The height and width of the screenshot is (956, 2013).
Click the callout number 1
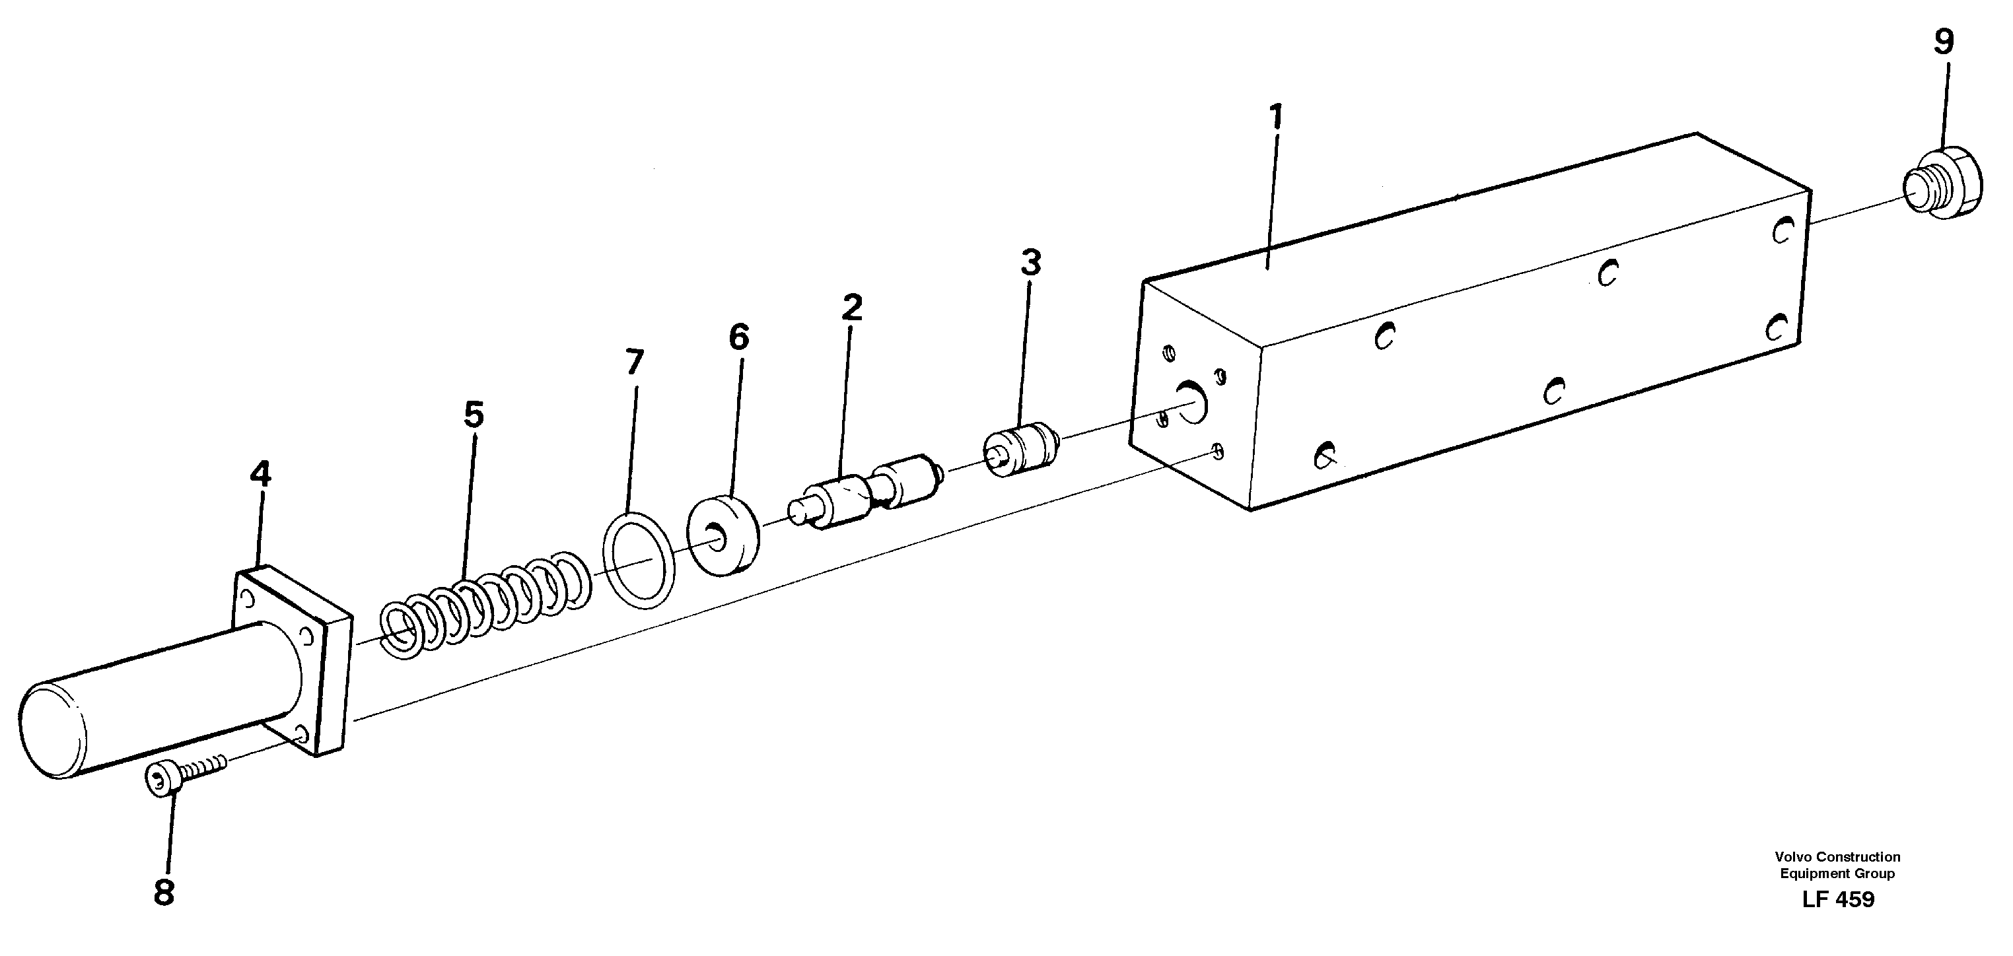tap(1276, 117)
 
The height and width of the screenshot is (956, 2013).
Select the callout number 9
tap(1944, 42)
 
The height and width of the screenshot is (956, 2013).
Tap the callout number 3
tap(1031, 263)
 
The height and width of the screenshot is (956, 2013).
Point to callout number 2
tap(852, 308)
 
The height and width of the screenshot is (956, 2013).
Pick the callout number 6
tap(738, 337)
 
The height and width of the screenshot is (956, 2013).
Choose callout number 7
tap(634, 362)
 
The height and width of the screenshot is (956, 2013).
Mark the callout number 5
tap(474, 415)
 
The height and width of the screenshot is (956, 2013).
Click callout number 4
tap(260, 474)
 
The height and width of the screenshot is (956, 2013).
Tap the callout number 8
tap(163, 892)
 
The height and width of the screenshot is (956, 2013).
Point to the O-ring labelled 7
tap(639, 560)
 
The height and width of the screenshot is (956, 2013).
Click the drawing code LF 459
tap(1838, 900)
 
